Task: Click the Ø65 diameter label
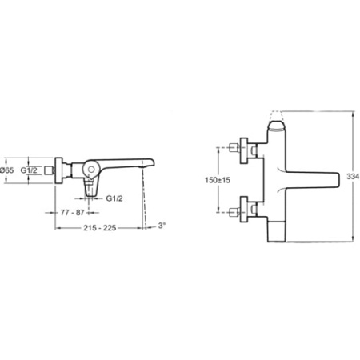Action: [7, 170]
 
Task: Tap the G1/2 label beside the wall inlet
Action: [29, 170]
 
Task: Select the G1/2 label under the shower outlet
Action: [114, 198]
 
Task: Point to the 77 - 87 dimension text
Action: [73, 213]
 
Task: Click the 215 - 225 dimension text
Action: [100, 228]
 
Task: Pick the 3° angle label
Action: [162, 226]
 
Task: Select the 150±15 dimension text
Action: [218, 180]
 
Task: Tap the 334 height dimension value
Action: [353, 176]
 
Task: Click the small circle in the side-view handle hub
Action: [91, 170]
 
